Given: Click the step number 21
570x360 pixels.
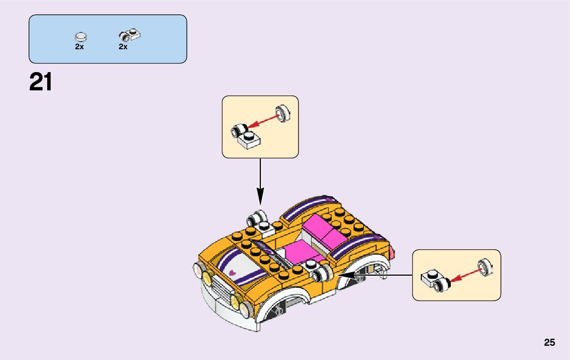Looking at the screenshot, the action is coord(41,82).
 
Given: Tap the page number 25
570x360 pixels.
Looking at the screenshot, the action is coord(550,342).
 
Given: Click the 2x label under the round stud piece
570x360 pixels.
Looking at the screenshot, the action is coord(79,46).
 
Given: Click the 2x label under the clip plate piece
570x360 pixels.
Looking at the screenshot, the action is coord(123,46).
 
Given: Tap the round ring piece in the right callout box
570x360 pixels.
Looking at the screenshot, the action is coord(485,266).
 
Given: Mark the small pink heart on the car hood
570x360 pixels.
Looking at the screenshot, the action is coord(232,272).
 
